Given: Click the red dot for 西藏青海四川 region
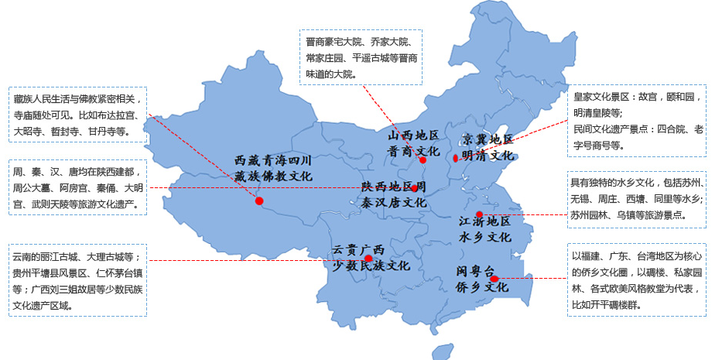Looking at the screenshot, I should tap(259, 201).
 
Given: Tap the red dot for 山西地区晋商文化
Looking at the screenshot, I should tap(423, 160).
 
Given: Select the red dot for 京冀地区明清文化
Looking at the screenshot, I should tap(456, 158).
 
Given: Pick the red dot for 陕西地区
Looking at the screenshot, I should tap(415, 188).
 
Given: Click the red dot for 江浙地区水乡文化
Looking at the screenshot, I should tap(479, 214).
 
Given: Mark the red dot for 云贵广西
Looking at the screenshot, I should tap(369, 259).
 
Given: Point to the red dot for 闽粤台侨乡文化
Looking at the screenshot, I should tap(494, 279).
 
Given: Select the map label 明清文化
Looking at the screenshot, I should tap(488, 155).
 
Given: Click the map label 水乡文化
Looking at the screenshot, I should tap(485, 236).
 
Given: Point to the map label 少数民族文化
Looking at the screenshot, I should tap(371, 266).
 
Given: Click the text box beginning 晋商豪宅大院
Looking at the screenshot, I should tap(361, 57).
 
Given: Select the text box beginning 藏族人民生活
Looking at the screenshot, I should tap(77, 115).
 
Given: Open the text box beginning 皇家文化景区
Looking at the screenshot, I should tap(637, 120).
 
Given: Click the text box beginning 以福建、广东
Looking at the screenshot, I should tap(637, 281).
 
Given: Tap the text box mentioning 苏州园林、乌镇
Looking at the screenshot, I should tap(637, 200).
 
